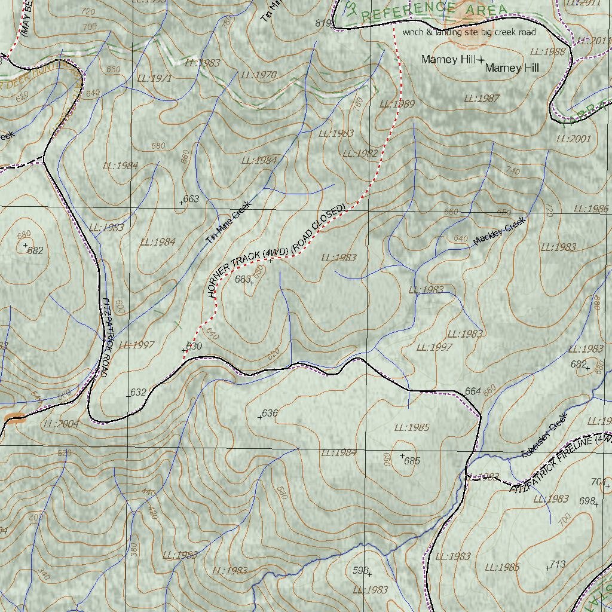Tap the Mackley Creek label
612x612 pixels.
pos(500,231)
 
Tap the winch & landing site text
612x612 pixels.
pos(469,32)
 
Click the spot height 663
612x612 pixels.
pos(191,199)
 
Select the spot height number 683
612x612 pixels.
pos(243,279)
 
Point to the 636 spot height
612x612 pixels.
pos(270,413)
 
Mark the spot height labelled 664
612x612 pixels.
pos(472,391)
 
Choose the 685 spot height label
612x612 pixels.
pos(412,461)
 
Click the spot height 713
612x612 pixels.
pos(557,564)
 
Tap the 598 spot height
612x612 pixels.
pos(360,571)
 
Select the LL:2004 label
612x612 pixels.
pos(61,424)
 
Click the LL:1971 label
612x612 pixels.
pos(154,78)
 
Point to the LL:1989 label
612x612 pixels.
pos(396,104)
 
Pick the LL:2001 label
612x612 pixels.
pos(573,139)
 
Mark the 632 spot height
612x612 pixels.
pos(137,392)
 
